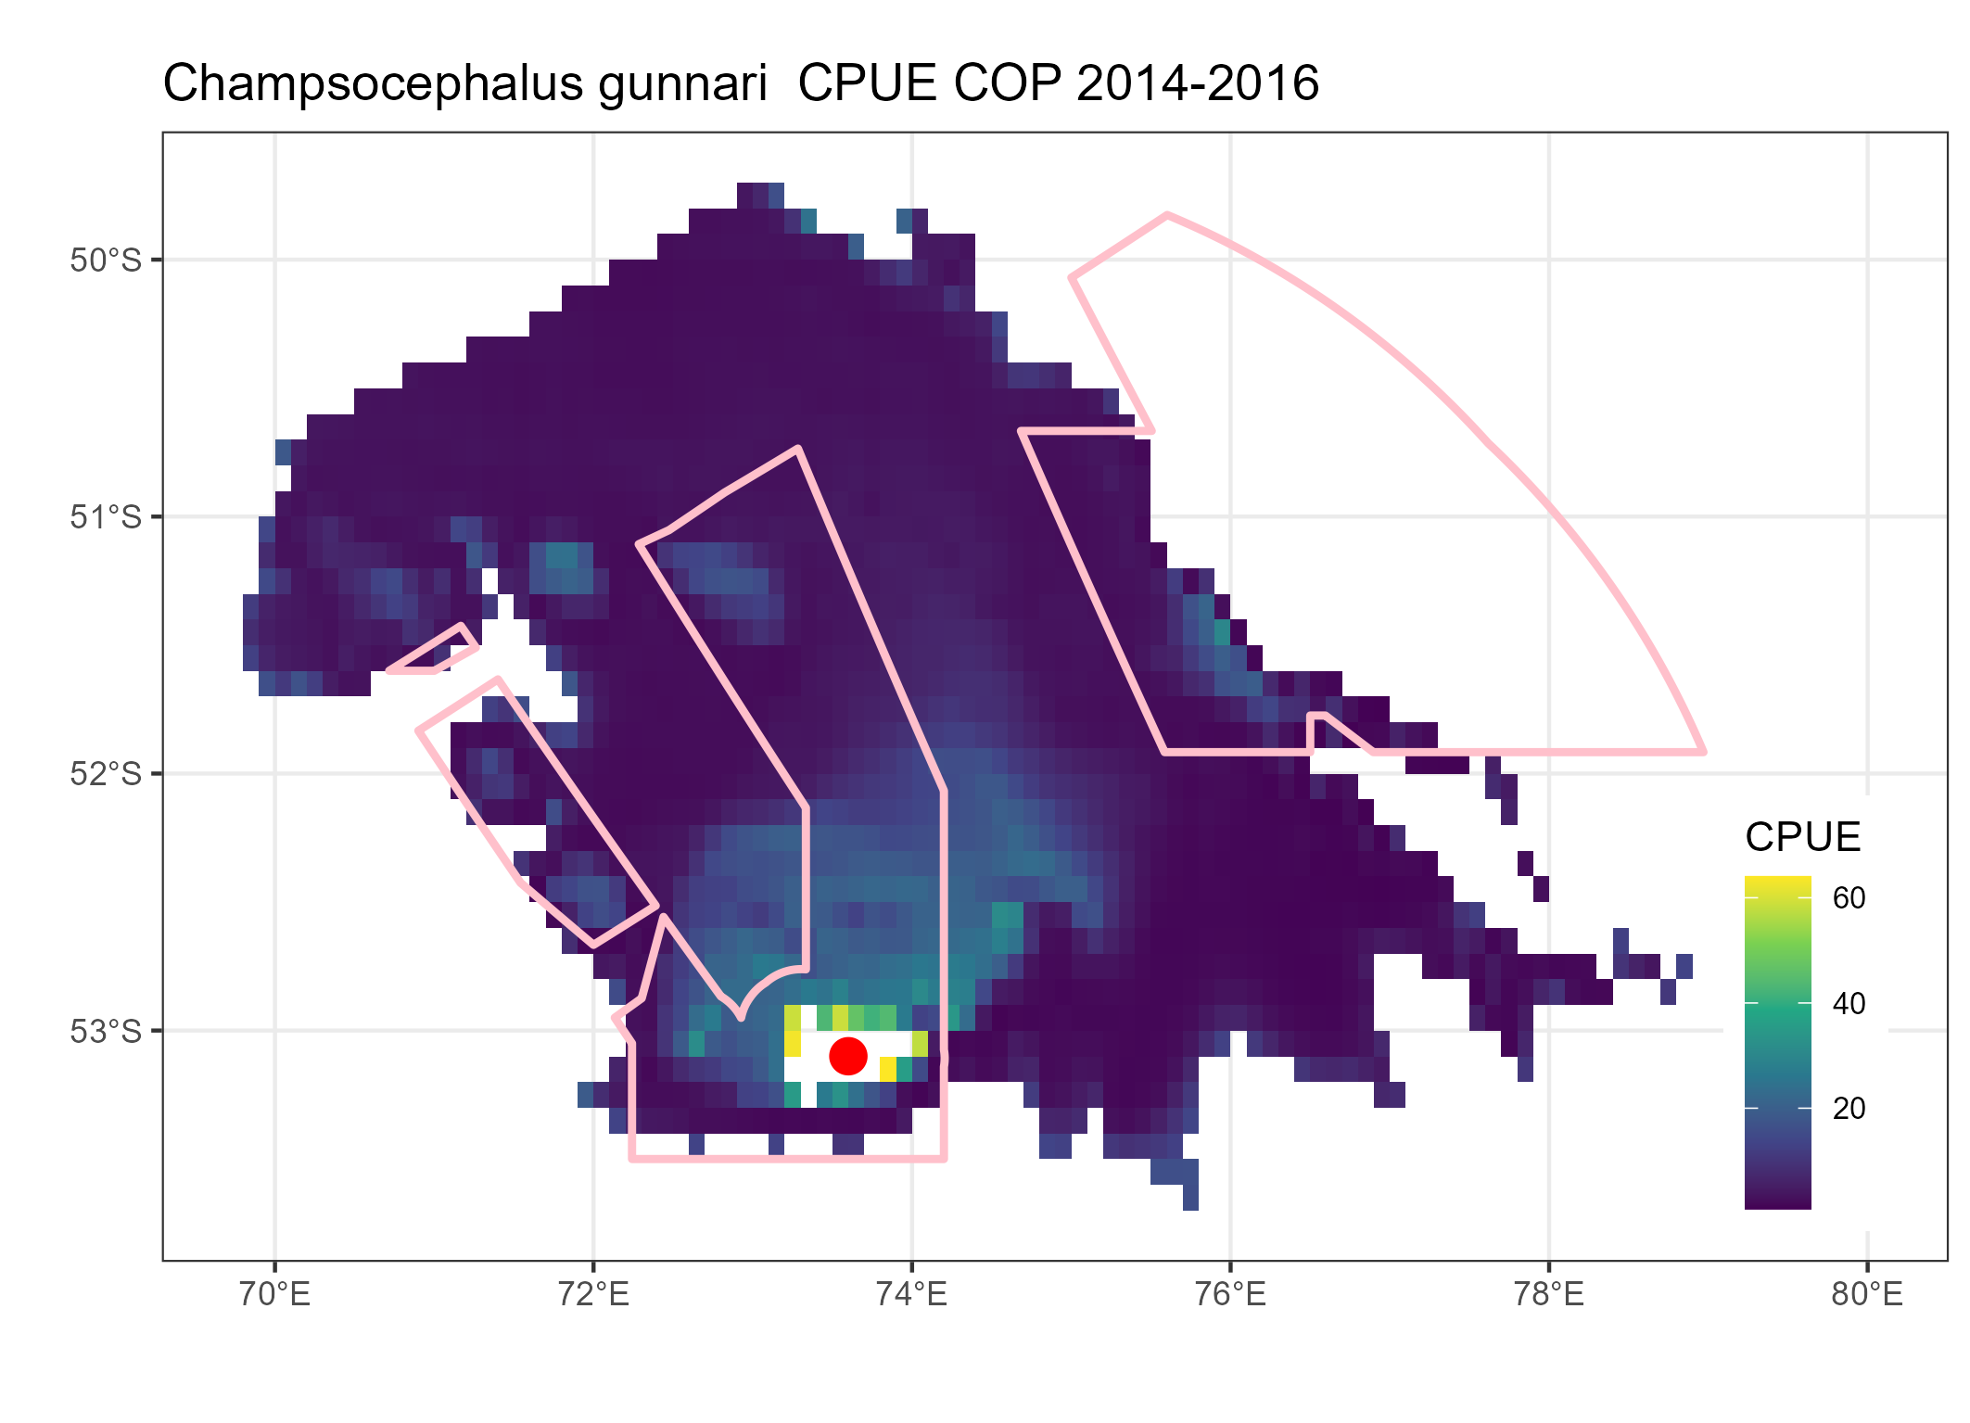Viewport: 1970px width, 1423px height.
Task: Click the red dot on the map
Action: [x=847, y=1055]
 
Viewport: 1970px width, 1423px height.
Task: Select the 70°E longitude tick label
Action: [x=274, y=1294]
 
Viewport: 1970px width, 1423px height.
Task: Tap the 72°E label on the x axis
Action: [x=593, y=1294]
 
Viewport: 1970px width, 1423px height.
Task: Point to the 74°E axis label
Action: [x=911, y=1294]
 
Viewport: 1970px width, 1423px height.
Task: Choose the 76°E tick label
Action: [x=1230, y=1294]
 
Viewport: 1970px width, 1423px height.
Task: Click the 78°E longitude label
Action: [x=1548, y=1294]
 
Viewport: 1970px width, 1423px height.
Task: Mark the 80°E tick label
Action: [x=1867, y=1294]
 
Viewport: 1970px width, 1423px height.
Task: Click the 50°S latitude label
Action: [x=106, y=260]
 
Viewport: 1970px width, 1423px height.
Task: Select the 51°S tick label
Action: [x=106, y=517]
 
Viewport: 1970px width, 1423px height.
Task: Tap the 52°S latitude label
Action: [x=106, y=774]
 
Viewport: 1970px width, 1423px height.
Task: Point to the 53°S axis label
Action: [x=106, y=1031]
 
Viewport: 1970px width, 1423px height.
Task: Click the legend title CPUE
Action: [x=1802, y=837]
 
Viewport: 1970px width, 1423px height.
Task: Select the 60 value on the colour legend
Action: [x=1849, y=897]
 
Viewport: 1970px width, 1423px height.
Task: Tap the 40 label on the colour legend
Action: [x=1849, y=1003]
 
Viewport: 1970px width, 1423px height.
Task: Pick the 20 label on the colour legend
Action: [x=1849, y=1108]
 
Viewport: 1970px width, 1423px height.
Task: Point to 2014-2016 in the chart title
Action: [x=1198, y=84]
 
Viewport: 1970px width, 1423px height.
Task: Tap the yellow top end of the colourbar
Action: [x=1777, y=883]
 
